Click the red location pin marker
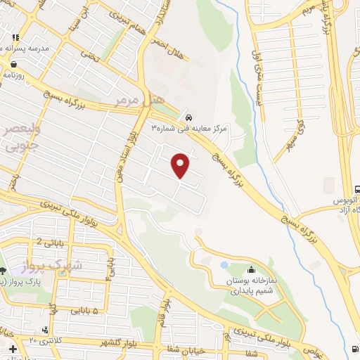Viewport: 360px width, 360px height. tap(181, 165)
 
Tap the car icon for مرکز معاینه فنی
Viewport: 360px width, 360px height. tap(188, 116)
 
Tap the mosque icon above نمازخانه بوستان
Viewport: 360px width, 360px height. tap(252, 269)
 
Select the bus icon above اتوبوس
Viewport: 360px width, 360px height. tap(357, 188)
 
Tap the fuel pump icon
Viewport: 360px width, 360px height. tap(352, 349)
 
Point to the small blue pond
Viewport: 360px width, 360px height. tap(224, 265)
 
